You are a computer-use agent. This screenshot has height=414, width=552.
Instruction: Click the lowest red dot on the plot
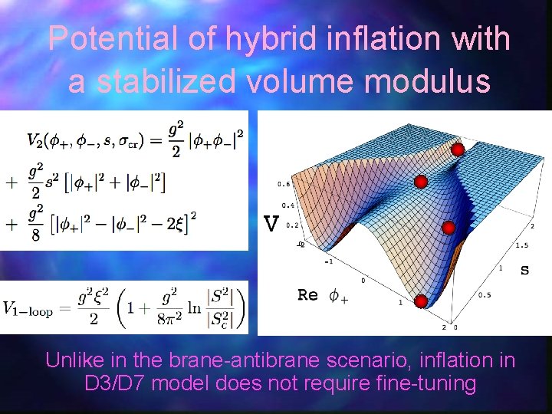421,301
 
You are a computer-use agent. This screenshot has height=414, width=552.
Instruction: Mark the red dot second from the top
420,182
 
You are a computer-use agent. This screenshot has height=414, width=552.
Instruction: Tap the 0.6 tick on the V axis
284,184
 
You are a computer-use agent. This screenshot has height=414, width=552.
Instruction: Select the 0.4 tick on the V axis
287,205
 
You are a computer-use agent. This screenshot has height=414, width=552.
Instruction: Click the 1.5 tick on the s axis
522,245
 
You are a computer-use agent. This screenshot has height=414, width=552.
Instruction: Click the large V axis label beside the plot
271,224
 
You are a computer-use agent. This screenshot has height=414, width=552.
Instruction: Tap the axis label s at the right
524,270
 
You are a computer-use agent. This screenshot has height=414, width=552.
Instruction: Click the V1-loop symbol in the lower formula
31,308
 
